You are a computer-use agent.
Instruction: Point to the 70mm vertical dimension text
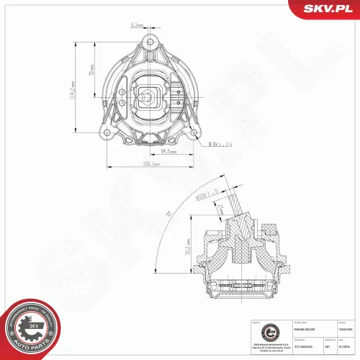click(x=90, y=73)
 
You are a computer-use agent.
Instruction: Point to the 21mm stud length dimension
click(x=220, y=208)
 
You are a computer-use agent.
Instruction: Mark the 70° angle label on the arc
click(x=168, y=215)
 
